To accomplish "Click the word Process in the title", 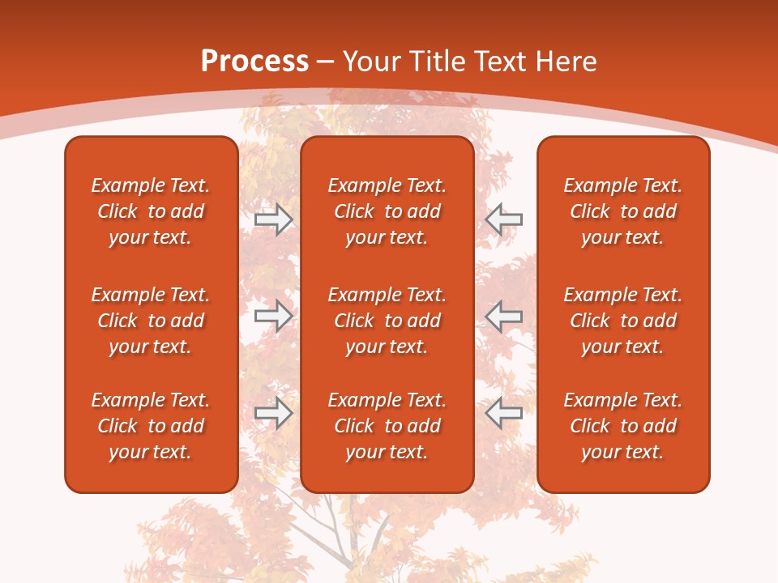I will click(x=254, y=62).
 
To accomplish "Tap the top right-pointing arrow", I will click(x=273, y=219).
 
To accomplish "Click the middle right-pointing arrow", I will click(x=273, y=316).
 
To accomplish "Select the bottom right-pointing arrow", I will click(x=273, y=413).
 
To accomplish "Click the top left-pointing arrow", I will click(x=504, y=219).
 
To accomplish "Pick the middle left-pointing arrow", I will click(x=504, y=316).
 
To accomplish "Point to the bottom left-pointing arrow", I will click(x=504, y=413).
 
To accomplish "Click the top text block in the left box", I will click(x=151, y=211).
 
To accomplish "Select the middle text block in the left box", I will click(x=151, y=321).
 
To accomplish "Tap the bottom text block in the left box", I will click(x=151, y=426).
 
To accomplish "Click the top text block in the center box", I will click(x=387, y=211).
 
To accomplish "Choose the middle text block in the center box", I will click(x=387, y=321).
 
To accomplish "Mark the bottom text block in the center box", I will click(x=387, y=426).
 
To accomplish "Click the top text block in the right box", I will click(x=622, y=211).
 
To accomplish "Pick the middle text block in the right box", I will click(x=622, y=321).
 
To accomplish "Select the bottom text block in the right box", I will click(x=622, y=426).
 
